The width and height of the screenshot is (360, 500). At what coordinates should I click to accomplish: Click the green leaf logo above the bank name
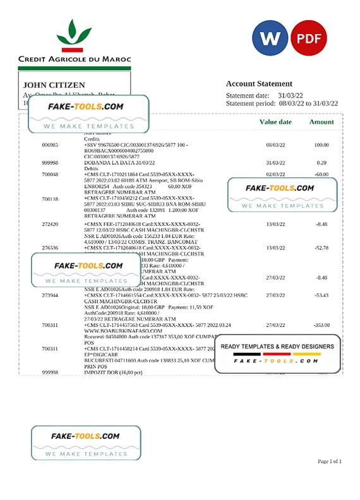74,35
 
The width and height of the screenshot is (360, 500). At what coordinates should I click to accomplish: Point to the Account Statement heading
259,83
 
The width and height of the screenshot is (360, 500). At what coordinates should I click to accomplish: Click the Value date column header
275,122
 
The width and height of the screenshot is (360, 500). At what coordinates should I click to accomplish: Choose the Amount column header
321,122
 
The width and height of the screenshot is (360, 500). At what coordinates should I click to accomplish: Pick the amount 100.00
323,145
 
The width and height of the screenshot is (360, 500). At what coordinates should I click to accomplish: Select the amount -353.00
321,324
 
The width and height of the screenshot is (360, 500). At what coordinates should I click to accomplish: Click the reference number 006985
50,145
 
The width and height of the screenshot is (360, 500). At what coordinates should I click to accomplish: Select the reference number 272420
50,224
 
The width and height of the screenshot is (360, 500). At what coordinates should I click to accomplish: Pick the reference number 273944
50,295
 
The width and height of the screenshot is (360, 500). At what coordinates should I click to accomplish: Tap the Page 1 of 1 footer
329,461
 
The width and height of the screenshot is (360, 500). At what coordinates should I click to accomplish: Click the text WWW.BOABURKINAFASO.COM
114,330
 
